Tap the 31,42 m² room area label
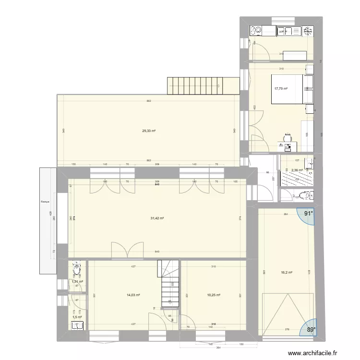pyautogui.click(x=157, y=218)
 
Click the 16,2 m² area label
pyautogui.click(x=287, y=272)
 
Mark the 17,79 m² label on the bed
pyautogui.click(x=280, y=88)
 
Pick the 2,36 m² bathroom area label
pyautogui.click(x=298, y=170)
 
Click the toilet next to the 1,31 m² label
pyautogui.click(x=76, y=269)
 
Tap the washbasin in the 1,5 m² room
pyautogui.click(x=77, y=326)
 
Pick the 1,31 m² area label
pyautogui.click(x=77, y=282)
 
